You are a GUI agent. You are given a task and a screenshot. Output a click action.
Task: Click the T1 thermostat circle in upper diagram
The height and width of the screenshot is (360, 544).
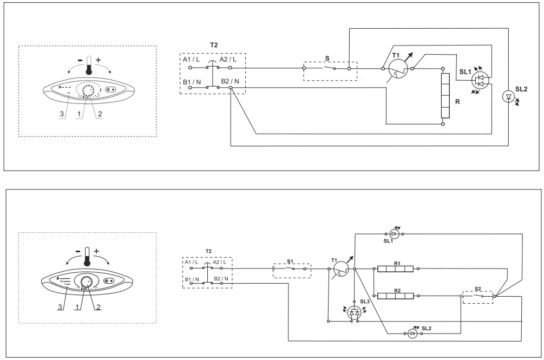pyautogui.click(x=399, y=69)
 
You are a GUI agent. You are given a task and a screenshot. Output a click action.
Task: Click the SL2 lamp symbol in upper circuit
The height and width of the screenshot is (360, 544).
pyautogui.click(x=509, y=97)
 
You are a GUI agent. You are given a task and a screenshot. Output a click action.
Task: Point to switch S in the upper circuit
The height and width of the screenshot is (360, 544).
pyautogui.click(x=329, y=69)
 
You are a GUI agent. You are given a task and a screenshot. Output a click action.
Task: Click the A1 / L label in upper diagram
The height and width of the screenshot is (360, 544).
pyautogui.click(x=191, y=59)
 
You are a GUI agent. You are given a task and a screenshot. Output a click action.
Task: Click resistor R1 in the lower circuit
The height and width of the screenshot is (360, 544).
pyautogui.click(x=395, y=268)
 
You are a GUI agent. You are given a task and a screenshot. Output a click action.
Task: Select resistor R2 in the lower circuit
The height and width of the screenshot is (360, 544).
pyautogui.click(x=395, y=296)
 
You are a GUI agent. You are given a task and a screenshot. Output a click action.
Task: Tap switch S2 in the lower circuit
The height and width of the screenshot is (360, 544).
pyautogui.click(x=477, y=296)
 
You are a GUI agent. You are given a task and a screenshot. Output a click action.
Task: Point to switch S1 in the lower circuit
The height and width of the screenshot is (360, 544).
pyautogui.click(x=291, y=268)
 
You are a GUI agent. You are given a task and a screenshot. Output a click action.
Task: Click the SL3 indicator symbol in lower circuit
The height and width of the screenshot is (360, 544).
pyautogui.click(x=355, y=312)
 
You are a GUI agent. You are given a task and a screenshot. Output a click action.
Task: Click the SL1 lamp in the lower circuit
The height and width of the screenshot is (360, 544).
pyautogui.click(x=395, y=234)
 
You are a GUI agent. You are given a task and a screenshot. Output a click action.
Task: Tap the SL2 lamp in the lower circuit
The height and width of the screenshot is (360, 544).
pyautogui.click(x=412, y=334)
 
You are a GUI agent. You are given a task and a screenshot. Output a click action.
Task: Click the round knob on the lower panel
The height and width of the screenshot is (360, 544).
pyautogui.click(x=86, y=282)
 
